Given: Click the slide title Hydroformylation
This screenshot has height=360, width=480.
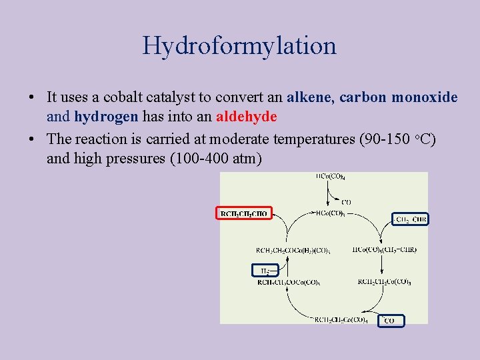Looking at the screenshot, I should tap(239, 45).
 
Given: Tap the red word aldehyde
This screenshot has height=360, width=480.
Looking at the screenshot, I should tap(246, 117).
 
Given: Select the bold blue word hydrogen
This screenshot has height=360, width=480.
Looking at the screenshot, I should tap(106, 117).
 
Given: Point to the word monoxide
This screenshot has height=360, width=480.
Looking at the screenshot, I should tap(424, 97).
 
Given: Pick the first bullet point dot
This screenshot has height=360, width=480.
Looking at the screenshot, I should tap(32, 98).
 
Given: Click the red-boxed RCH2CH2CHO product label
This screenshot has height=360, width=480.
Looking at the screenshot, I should tap(243, 213).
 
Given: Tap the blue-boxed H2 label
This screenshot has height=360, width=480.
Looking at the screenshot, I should tap(262, 270).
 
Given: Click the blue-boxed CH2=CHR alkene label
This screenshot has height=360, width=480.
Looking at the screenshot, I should tap(410, 219).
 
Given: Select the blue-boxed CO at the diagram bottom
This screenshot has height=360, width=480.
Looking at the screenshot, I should tap(391, 321).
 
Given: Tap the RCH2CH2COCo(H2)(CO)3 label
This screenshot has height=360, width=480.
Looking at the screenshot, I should tap(287, 250).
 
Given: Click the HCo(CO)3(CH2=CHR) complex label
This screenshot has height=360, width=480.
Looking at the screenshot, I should tap(384, 250).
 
